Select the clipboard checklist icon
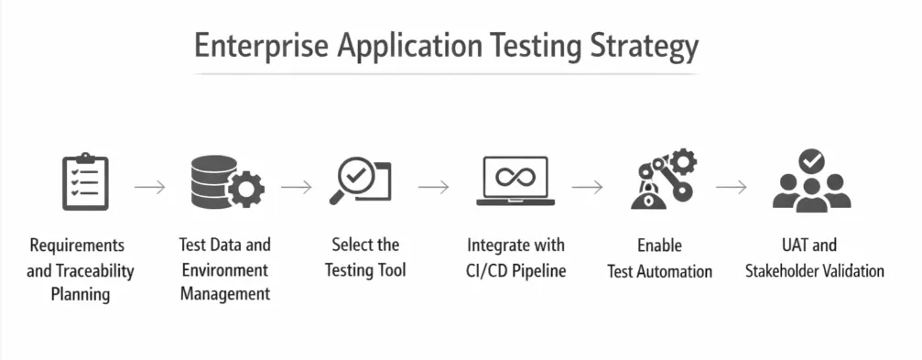(x=84, y=181)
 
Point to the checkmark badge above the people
(x=811, y=161)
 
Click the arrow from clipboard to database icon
(x=150, y=187)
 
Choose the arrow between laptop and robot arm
(x=588, y=187)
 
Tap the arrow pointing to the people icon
(x=732, y=187)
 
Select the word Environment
(x=224, y=269)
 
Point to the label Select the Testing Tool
(x=364, y=257)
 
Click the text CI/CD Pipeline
(x=515, y=270)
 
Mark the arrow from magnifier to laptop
(x=434, y=187)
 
